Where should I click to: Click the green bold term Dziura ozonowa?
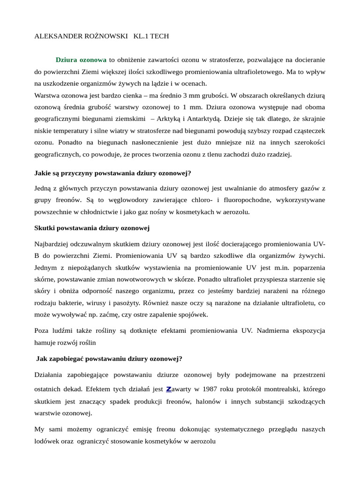click(81, 60)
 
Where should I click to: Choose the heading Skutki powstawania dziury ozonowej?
click(92, 228)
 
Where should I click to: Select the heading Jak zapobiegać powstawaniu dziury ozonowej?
click(109, 359)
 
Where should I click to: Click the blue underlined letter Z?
click(169, 389)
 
